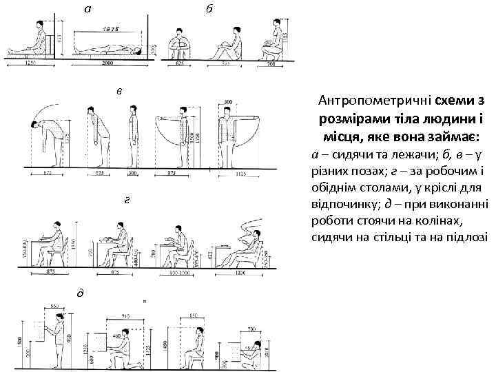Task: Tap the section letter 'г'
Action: pos(125,200)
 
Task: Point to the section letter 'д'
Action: pos(80,293)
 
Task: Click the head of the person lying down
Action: pos(138,50)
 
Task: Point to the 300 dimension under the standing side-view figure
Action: pos(132,173)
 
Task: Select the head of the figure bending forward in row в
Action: pos(33,124)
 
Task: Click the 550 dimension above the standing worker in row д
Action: pos(53,305)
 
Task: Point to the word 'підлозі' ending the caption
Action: pos(466,237)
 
